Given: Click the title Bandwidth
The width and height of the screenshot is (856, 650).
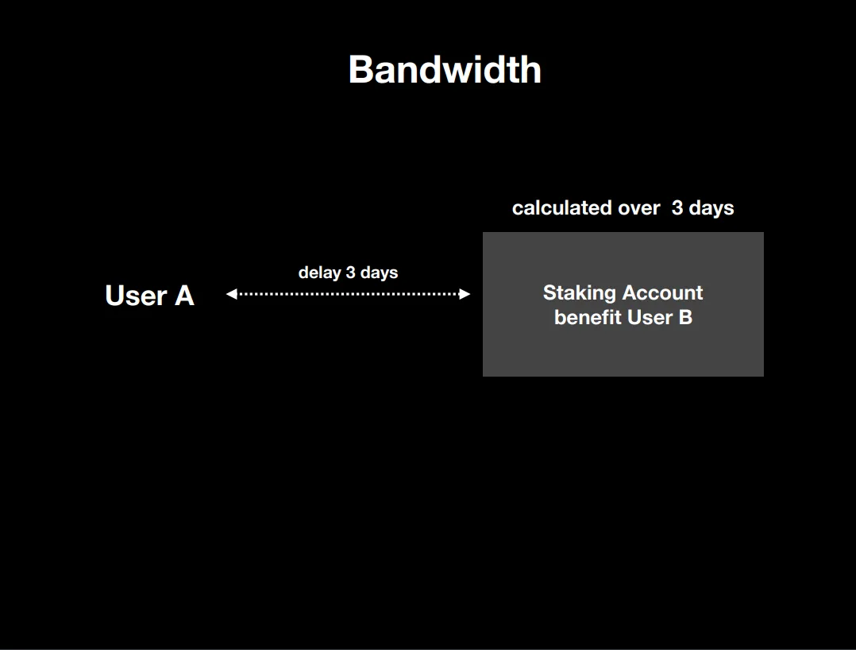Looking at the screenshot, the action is (445, 69).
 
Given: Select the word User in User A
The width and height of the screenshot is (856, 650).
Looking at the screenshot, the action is (136, 296).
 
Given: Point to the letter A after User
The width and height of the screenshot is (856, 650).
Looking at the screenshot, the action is (184, 296).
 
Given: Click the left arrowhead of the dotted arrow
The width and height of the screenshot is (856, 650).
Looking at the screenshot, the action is (232, 294).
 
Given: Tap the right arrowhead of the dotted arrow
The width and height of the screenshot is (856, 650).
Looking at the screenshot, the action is (465, 294).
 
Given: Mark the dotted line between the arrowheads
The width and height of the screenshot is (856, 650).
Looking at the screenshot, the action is (349, 294).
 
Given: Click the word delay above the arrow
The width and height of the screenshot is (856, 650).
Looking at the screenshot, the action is (319, 273).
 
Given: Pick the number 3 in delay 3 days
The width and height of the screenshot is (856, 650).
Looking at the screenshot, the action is (350, 272).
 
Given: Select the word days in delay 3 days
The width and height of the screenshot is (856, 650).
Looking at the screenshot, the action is (379, 273).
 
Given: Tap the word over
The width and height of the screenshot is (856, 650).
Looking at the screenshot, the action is (639, 209).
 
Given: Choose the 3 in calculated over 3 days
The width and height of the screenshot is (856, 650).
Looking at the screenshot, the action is (677, 207).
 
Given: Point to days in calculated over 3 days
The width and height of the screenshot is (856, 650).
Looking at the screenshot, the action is (711, 208).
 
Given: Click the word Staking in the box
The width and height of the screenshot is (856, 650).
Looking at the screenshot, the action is (580, 293).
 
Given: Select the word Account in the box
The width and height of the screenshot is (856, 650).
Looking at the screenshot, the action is (663, 292).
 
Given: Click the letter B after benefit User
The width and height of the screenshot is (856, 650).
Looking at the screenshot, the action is (686, 317).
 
